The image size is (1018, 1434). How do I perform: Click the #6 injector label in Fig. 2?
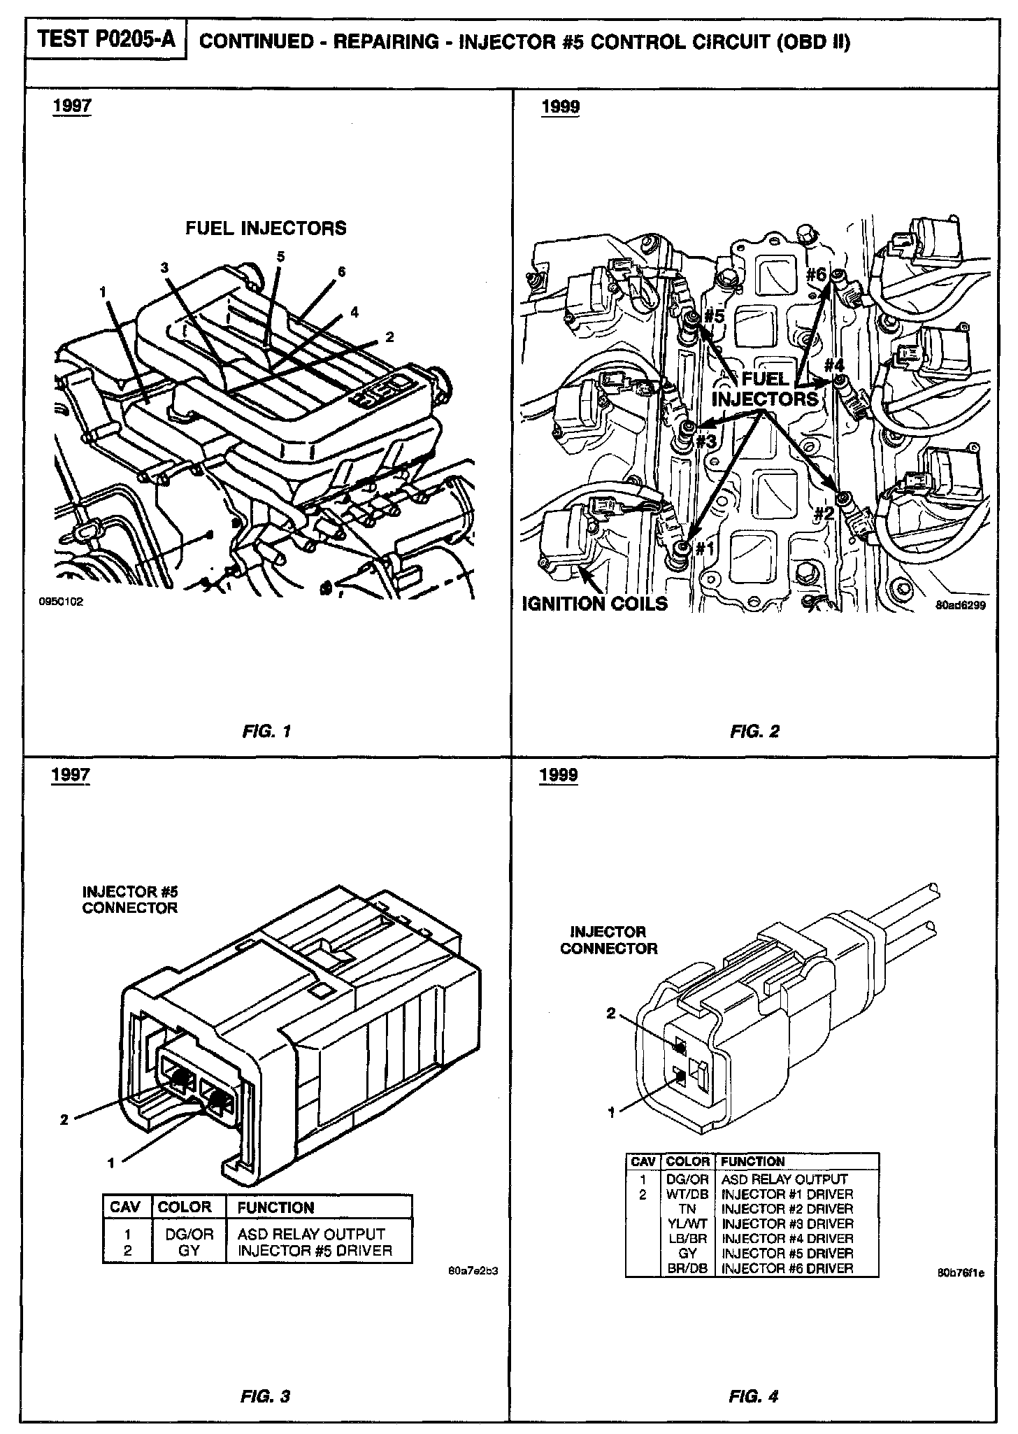click(x=815, y=274)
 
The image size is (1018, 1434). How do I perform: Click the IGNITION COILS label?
click(x=595, y=604)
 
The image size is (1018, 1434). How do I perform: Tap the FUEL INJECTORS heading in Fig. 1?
click(x=266, y=228)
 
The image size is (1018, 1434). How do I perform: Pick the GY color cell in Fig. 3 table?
click(x=189, y=1251)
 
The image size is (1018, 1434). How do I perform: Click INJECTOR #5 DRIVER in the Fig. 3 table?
click(x=315, y=1251)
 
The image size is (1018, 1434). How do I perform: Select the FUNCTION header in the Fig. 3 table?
click(x=275, y=1207)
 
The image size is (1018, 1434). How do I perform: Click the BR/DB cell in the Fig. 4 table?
click(x=688, y=1268)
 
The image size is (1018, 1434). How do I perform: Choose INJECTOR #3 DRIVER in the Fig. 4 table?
click(x=787, y=1223)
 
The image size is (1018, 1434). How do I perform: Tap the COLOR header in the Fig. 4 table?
click(x=688, y=1162)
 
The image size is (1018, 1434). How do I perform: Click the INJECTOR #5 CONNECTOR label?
click(x=130, y=900)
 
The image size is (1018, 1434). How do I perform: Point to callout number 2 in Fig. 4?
click(x=610, y=1014)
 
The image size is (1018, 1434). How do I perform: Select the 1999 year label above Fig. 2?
click(x=560, y=107)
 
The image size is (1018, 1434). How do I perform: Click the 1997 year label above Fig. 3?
click(x=71, y=774)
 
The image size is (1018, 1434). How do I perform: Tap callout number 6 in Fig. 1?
click(x=341, y=271)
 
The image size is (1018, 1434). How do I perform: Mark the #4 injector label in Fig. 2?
click(x=834, y=365)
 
